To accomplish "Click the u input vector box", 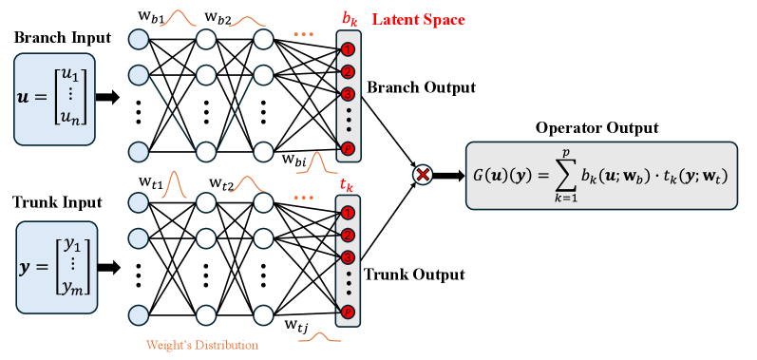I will coord(55,99).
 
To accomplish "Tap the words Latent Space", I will coord(419,19).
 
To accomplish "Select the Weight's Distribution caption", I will coord(201,345).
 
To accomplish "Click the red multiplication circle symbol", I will coord(424,174).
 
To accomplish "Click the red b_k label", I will coord(351,19).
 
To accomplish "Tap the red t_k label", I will coord(348,184).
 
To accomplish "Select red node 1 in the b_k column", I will coord(348,48).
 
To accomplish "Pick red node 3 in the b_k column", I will coord(348,94).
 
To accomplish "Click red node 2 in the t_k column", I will coord(348,236).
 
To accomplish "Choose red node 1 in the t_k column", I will coord(348,213).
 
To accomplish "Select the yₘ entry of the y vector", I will coord(72,287).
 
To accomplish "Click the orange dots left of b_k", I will coord(302,34).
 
